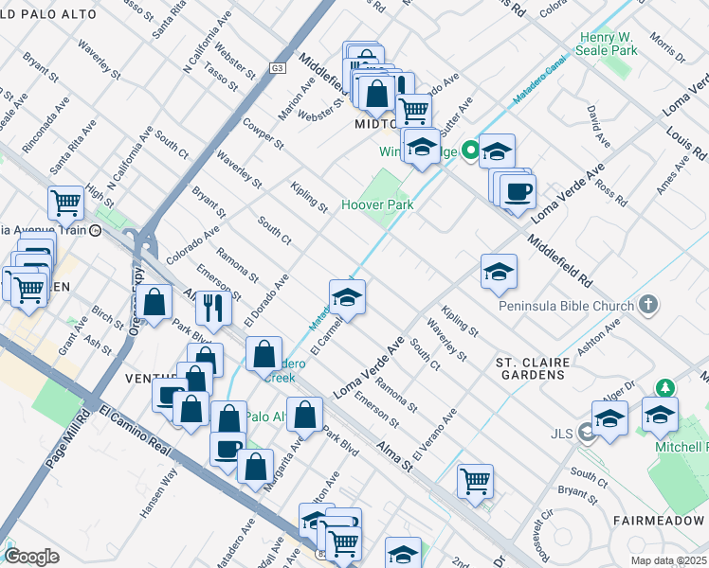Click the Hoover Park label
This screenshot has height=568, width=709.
coord(376,204)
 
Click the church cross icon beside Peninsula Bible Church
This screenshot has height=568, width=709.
coord(647,305)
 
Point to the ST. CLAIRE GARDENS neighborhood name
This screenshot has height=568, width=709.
coord(532,368)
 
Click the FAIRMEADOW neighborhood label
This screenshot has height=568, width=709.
coord(660,521)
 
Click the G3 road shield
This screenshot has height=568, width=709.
coord(277,68)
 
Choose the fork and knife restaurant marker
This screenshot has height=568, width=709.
coord(213,307)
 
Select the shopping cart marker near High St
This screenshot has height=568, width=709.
coord(65,201)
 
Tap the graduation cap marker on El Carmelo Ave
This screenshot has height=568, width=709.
coord(348,296)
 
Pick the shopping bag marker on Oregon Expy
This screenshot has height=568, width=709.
coord(155,302)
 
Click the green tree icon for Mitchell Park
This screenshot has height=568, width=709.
coord(666,388)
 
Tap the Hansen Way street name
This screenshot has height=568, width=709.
coord(156,490)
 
